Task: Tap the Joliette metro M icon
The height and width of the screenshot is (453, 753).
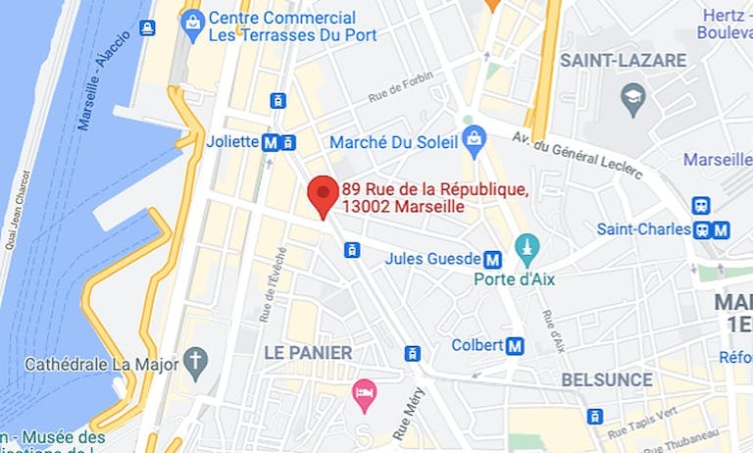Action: tap(271, 142)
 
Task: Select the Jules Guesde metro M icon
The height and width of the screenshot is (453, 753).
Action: tap(492, 260)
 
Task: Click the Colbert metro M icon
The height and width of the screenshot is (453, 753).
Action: tap(515, 345)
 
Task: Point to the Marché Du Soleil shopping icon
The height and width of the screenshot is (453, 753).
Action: tap(475, 142)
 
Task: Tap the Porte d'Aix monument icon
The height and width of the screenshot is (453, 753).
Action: tap(527, 248)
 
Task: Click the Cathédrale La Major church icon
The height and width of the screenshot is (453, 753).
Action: tap(197, 364)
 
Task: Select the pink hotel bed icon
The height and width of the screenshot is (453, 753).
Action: tap(365, 395)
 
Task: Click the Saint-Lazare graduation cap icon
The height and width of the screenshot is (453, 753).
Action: tap(633, 98)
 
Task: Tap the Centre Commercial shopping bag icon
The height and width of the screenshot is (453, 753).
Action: tap(192, 20)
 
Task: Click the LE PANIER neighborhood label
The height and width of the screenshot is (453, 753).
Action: tap(308, 352)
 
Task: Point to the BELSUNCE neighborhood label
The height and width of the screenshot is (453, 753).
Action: tap(607, 379)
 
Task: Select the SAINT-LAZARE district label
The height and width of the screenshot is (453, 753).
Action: tap(623, 61)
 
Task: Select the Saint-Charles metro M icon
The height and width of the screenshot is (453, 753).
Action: tap(722, 229)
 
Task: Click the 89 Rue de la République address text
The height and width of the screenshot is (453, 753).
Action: tap(436, 198)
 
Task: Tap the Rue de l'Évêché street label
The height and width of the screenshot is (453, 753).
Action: tap(267, 294)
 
